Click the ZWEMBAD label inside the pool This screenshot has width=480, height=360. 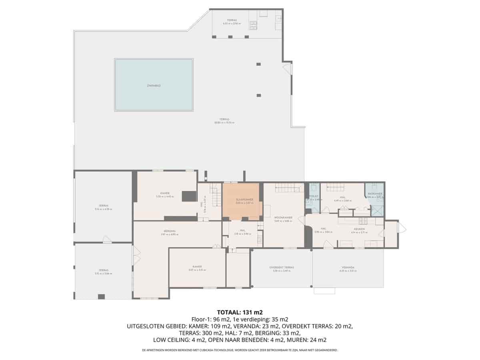(x=154, y=85)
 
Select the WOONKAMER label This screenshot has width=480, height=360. (x=283, y=218)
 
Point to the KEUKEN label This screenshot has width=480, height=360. (x=356, y=229)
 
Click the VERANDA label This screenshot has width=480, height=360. (x=348, y=268)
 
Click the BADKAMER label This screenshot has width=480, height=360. (x=375, y=194)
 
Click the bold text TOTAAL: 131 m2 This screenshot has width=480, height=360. (x=240, y=312)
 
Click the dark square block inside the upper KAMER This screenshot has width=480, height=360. (x=189, y=196)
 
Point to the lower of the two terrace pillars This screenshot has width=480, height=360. (x=259, y=95)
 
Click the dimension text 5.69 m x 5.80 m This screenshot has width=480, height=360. (x=283, y=221)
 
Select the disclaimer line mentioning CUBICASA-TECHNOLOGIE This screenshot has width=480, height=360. (x=240, y=350)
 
